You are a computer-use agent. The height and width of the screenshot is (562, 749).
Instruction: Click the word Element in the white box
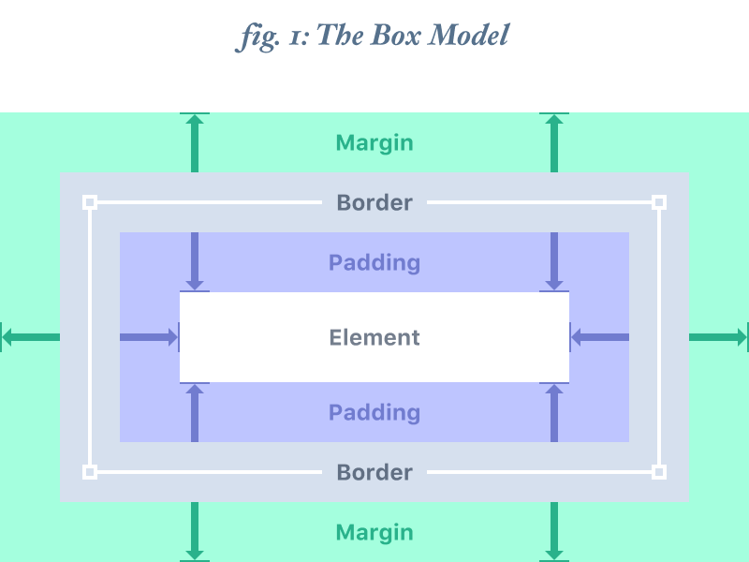(374, 337)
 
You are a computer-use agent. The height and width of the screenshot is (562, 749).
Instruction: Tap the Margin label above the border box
(374, 143)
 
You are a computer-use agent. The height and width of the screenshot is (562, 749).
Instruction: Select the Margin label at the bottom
(374, 533)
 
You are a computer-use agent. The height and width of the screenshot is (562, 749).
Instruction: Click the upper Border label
(374, 202)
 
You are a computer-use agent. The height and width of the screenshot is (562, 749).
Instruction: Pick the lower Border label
(374, 472)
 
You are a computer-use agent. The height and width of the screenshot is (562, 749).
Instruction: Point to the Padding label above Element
(374, 262)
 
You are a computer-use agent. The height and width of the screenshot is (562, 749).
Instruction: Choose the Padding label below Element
(374, 412)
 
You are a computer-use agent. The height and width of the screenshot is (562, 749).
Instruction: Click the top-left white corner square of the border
(90, 202)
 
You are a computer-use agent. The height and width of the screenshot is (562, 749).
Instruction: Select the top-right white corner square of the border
(659, 202)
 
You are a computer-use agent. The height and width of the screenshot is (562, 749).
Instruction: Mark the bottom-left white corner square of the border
(90, 472)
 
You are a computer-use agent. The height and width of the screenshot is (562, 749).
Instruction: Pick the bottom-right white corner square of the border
(659, 472)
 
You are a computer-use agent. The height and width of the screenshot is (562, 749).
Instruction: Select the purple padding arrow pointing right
(150, 337)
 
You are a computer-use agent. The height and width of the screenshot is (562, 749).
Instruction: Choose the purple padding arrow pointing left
(599, 337)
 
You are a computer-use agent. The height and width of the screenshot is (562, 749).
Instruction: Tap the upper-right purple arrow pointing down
(554, 261)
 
